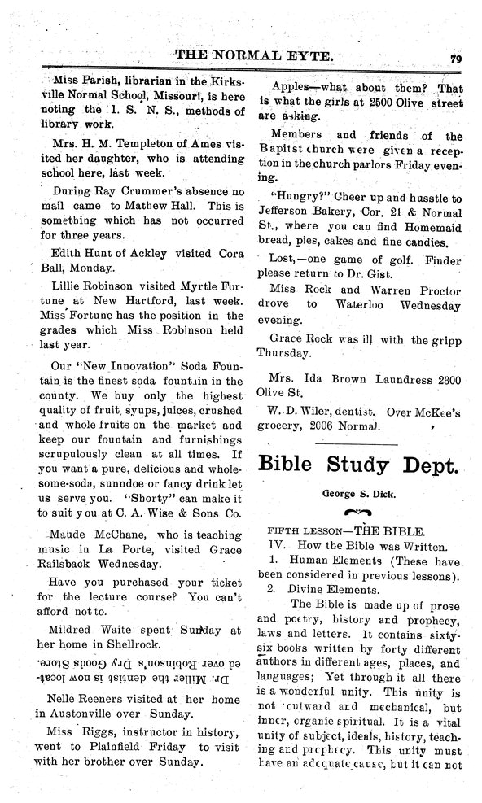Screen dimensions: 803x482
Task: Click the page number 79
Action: [x=454, y=59]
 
